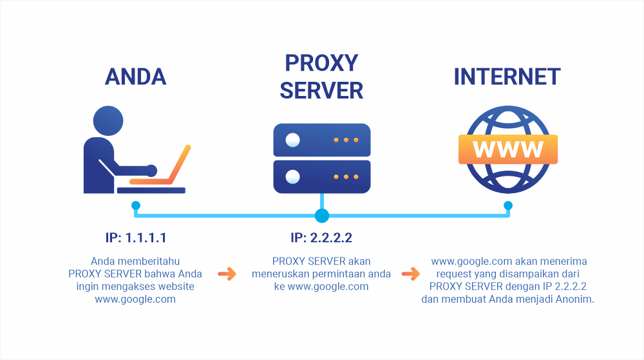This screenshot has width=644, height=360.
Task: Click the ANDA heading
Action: click(x=135, y=77)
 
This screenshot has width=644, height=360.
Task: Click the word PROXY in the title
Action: click(x=321, y=63)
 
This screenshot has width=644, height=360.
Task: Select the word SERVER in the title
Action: click(x=321, y=91)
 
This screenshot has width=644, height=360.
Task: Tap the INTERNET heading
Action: click(x=507, y=77)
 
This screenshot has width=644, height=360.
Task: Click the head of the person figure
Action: click(x=108, y=120)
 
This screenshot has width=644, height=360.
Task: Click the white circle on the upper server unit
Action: click(x=293, y=140)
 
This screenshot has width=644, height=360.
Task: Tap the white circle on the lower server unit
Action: click(x=293, y=177)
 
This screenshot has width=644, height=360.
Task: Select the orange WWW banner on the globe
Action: click(x=508, y=149)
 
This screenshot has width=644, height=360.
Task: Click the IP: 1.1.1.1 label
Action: click(x=135, y=238)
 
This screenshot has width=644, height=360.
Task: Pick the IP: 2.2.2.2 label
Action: click(x=321, y=238)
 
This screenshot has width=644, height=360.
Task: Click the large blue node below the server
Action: click(x=322, y=216)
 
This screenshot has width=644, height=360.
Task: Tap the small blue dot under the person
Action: click(x=136, y=205)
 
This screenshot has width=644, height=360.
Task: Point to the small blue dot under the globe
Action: click(x=508, y=205)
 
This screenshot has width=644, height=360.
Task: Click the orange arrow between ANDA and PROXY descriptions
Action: click(x=227, y=274)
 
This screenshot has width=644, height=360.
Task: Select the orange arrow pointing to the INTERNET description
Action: click(x=411, y=274)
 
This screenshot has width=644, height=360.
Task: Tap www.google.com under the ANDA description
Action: click(x=135, y=299)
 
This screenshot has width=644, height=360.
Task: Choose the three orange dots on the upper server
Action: click(x=346, y=140)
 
